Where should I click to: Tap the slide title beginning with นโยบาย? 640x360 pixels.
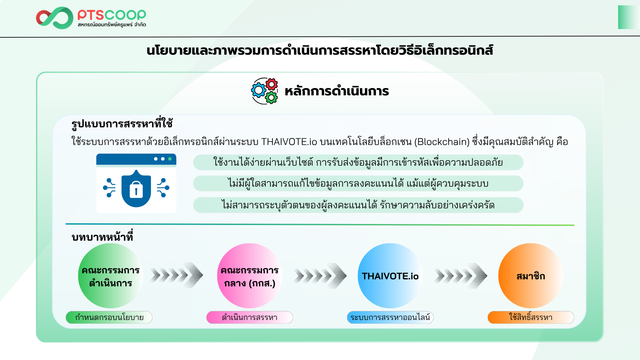click(x=320, y=50)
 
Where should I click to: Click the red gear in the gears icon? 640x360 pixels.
click(x=271, y=84)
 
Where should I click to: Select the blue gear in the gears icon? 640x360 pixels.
click(x=259, y=90)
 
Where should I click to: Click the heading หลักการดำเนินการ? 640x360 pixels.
click(x=337, y=91)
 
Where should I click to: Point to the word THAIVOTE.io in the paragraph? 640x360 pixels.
click(x=289, y=142)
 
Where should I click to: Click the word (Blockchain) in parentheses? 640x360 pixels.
click(x=442, y=142)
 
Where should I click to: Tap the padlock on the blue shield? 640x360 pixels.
click(x=136, y=189)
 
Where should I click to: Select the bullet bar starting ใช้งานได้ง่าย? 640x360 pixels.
click(x=358, y=162)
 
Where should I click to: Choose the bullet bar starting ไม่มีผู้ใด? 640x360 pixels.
click(x=358, y=183)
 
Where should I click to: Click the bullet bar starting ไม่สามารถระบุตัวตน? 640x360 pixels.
click(x=358, y=205)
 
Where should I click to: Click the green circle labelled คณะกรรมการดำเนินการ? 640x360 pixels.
click(x=111, y=276)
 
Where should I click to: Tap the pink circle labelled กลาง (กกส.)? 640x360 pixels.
click(x=250, y=276)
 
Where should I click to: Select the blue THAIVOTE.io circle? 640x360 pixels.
click(x=390, y=276)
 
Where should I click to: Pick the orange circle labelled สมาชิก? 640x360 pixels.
click(x=531, y=276)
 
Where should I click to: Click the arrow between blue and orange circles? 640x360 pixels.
click(x=461, y=276)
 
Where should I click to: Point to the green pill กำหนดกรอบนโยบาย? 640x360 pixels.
click(x=109, y=317)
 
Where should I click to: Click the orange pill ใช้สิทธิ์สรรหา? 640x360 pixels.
click(x=531, y=317)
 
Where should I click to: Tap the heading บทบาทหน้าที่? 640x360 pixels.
click(x=102, y=236)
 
